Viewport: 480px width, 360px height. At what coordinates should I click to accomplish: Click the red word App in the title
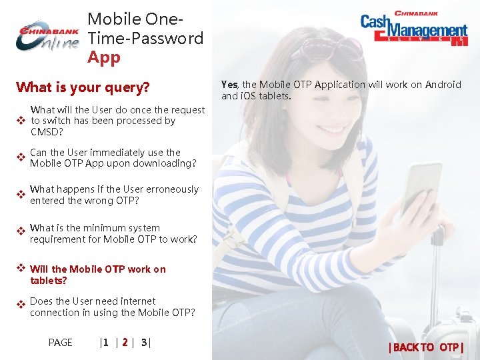pyautogui.click(x=104, y=57)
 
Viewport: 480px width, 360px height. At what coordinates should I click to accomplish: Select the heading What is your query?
pyautogui.click(x=83, y=87)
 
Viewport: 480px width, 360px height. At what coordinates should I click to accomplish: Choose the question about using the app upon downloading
pyautogui.click(x=113, y=157)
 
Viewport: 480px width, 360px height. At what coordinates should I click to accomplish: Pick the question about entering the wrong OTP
pyautogui.click(x=114, y=195)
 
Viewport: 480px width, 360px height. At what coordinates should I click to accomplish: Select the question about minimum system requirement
pyautogui.click(x=113, y=233)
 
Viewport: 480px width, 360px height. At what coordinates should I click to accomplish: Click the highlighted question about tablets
pyautogui.click(x=98, y=275)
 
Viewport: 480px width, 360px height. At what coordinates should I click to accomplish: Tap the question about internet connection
pyautogui.click(x=112, y=307)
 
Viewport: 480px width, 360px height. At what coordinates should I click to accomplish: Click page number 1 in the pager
pyautogui.click(x=105, y=343)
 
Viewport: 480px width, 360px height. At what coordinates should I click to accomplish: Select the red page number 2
pyautogui.click(x=125, y=343)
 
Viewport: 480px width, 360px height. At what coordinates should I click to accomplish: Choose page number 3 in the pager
pyautogui.click(x=144, y=343)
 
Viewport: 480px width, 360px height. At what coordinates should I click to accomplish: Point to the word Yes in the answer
pyautogui.click(x=229, y=85)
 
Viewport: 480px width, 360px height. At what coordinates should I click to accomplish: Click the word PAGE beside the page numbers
pyautogui.click(x=60, y=343)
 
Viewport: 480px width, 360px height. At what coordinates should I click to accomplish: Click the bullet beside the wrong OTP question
pyautogui.click(x=21, y=195)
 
